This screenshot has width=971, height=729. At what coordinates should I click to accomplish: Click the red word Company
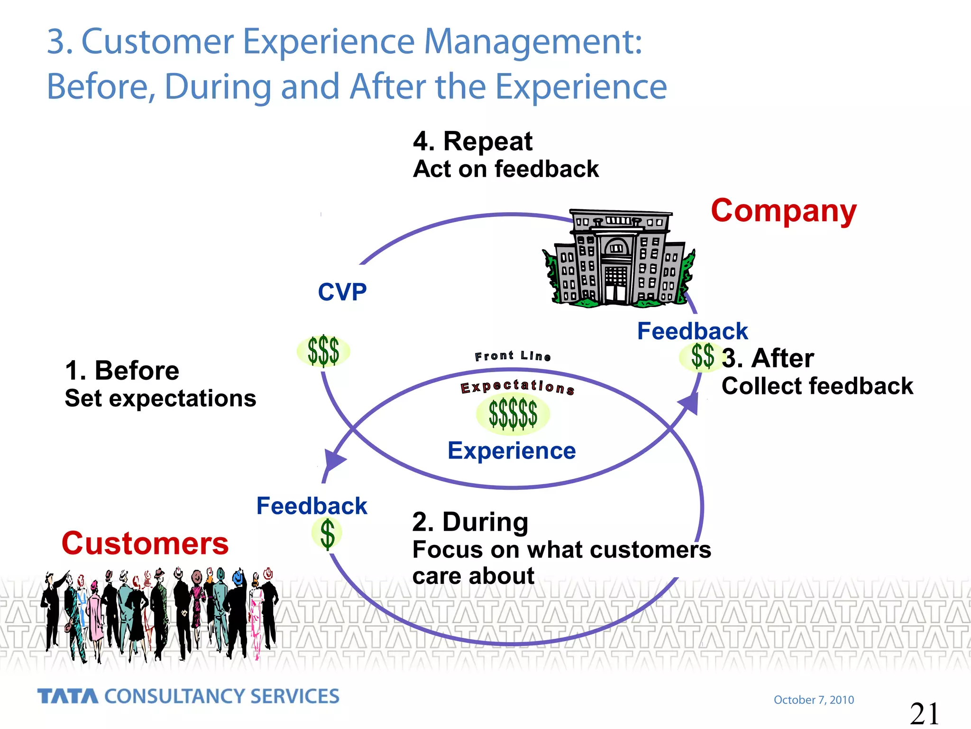(783, 211)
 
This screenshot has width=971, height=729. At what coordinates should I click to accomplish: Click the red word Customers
(145, 543)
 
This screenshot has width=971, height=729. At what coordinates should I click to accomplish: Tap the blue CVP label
(342, 292)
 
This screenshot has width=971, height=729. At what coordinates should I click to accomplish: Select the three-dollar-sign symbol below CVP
(323, 351)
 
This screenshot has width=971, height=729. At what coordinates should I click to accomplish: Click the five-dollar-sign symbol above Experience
(513, 414)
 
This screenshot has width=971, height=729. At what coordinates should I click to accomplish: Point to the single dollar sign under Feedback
(327, 533)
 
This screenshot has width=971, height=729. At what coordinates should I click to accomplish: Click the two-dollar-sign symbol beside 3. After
(702, 357)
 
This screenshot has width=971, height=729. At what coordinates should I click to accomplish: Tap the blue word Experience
(512, 450)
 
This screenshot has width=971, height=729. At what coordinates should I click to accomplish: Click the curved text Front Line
(513, 356)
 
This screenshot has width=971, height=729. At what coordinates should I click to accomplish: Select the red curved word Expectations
(517, 387)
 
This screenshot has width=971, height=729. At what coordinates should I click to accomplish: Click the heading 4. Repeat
(472, 141)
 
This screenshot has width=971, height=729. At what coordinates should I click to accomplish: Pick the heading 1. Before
(122, 371)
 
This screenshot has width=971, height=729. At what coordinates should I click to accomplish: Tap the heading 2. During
(470, 522)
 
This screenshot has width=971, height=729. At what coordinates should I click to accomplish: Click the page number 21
(924, 713)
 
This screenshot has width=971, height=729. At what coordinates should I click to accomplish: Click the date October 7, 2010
(814, 700)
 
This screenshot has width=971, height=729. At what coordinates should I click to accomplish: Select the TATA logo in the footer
(68, 696)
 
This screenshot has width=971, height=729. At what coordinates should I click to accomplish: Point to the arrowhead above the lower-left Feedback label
(334, 459)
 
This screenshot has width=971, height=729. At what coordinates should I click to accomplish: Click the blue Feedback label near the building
(692, 331)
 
